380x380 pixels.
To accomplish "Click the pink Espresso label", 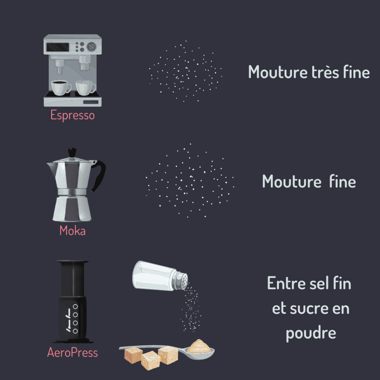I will click(72, 115).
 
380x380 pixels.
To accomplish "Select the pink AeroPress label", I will click(72, 352).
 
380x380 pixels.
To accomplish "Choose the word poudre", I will click(311, 333).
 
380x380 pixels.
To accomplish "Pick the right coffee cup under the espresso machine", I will click(86, 87).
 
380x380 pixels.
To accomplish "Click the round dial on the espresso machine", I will click(91, 47).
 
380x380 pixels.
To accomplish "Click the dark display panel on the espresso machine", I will click(57, 47).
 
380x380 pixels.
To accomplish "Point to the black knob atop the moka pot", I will click(72, 153).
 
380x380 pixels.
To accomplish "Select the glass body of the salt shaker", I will click(153, 275).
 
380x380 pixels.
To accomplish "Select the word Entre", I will click(282, 284).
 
